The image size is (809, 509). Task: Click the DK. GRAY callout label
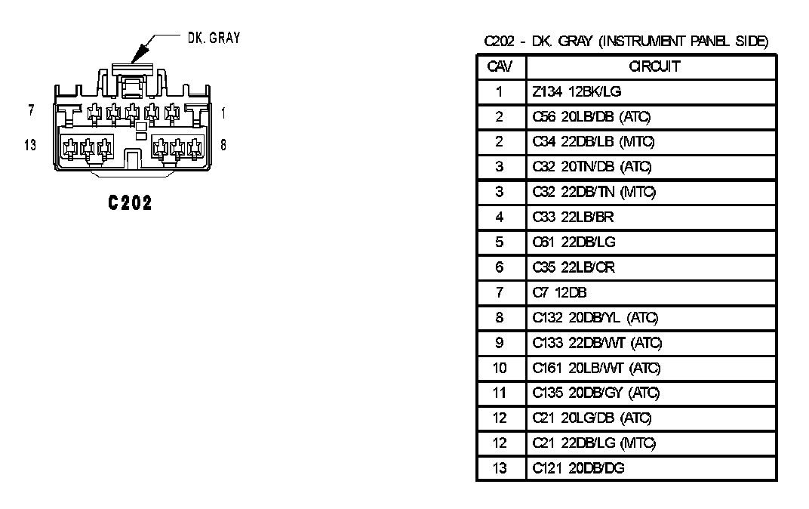pos(214,39)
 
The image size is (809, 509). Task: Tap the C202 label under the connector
pos(130,202)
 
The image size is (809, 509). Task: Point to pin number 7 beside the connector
pos(31,110)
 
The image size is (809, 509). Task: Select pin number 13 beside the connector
pos(30,145)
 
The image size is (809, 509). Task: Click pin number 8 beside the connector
pos(224,145)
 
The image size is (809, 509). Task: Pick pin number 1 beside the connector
pos(224,113)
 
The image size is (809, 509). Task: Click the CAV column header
pos(500,66)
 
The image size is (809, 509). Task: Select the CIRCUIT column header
pos(654,66)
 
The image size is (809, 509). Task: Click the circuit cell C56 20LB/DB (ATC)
pos(591,117)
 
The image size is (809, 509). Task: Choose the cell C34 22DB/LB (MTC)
pos(592,142)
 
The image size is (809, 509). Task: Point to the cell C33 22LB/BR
pos(574,217)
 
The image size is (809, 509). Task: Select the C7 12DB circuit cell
pos(559,292)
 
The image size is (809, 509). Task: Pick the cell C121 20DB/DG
pos(578,468)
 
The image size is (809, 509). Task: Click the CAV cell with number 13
pos(500,468)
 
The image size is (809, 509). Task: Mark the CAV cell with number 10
pos(500,368)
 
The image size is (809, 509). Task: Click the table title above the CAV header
pos(626,42)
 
